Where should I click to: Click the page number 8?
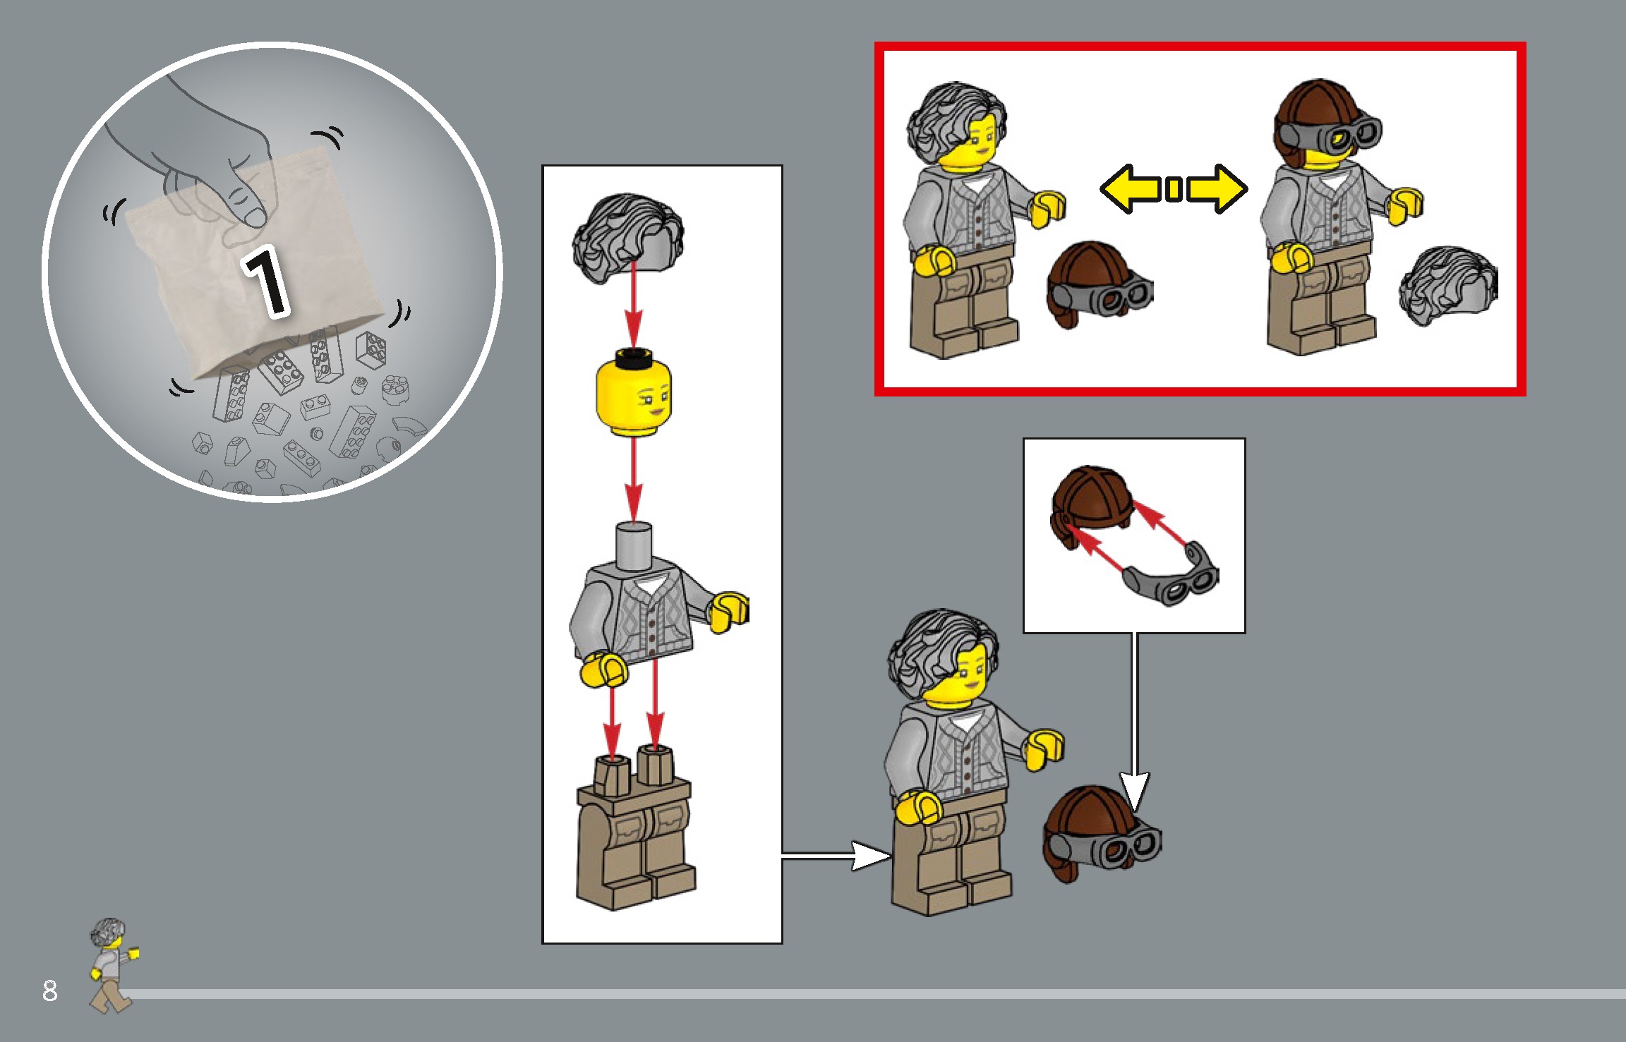[x=49, y=990]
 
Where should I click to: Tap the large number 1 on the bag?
[x=266, y=280]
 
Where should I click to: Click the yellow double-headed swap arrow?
[x=1174, y=189]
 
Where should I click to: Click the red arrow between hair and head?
[x=633, y=303]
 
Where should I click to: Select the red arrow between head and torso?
[x=633, y=480]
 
